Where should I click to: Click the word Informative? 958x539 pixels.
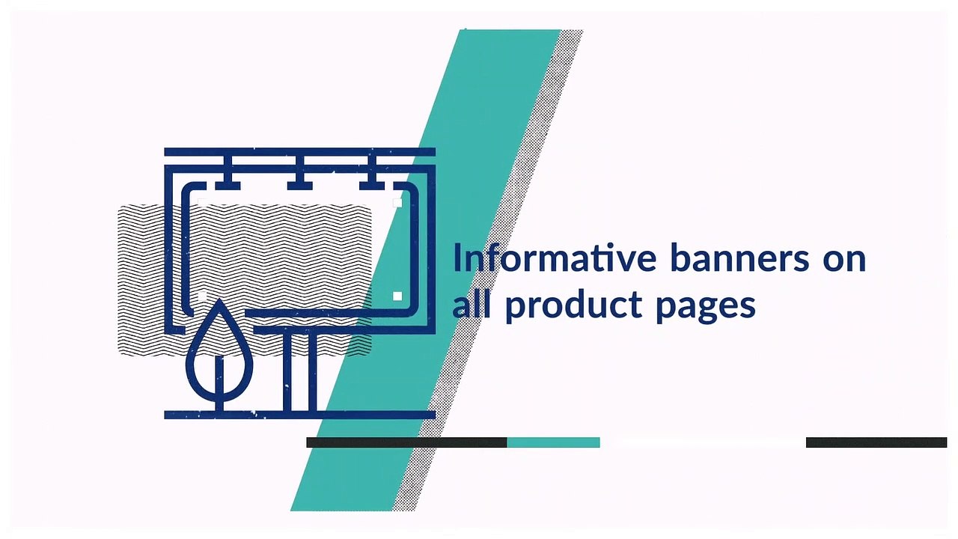pyautogui.click(x=555, y=258)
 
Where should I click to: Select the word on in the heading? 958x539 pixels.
pyautogui.click(x=845, y=262)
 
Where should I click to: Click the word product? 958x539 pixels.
pyautogui.click(x=574, y=306)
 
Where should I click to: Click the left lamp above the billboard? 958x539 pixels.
pyautogui.click(x=228, y=173)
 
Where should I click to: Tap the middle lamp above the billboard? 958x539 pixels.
pyautogui.click(x=300, y=173)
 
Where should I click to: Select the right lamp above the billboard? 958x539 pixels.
pyautogui.click(x=372, y=173)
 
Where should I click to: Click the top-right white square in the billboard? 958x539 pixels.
pyautogui.click(x=397, y=202)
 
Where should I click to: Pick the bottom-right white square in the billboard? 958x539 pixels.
pyautogui.click(x=397, y=296)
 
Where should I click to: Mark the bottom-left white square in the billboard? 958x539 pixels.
pyautogui.click(x=202, y=296)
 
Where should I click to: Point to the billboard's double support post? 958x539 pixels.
pyautogui.click(x=300, y=372)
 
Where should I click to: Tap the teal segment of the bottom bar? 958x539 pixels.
pyautogui.click(x=553, y=442)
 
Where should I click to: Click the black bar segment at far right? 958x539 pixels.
pyautogui.click(x=876, y=442)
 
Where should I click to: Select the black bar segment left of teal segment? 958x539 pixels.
pyautogui.click(x=406, y=442)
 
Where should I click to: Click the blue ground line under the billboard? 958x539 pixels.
pyautogui.click(x=300, y=415)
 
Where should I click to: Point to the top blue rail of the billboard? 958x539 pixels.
pyautogui.click(x=300, y=152)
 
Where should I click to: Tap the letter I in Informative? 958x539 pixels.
pyautogui.click(x=457, y=258)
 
